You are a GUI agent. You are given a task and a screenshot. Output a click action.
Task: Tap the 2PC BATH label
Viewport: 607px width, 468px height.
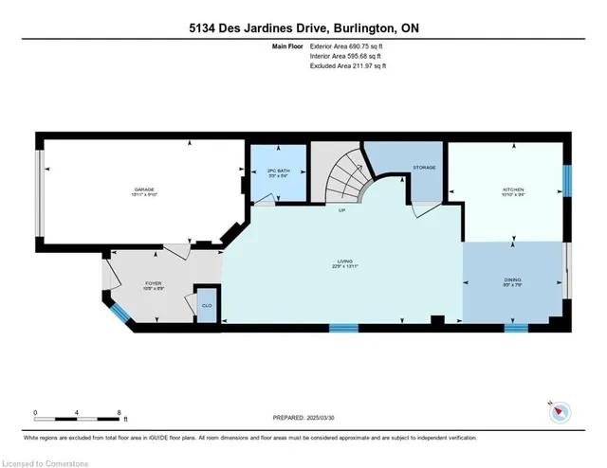[278, 171]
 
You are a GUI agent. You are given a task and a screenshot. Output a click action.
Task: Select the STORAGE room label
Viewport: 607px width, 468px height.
[424, 168]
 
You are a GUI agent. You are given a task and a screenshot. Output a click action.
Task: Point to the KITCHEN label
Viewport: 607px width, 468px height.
[512, 189]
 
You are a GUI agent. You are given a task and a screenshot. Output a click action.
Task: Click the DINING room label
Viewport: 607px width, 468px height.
[513, 280]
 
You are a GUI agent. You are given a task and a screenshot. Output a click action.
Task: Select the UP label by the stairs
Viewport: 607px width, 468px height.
[342, 210]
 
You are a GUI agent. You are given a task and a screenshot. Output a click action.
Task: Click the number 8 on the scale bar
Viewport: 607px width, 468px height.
[120, 412]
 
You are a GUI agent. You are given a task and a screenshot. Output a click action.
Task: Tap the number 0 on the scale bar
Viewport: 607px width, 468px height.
[36, 412]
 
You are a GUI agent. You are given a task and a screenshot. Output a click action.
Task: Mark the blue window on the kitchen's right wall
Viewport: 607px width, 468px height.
[568, 178]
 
